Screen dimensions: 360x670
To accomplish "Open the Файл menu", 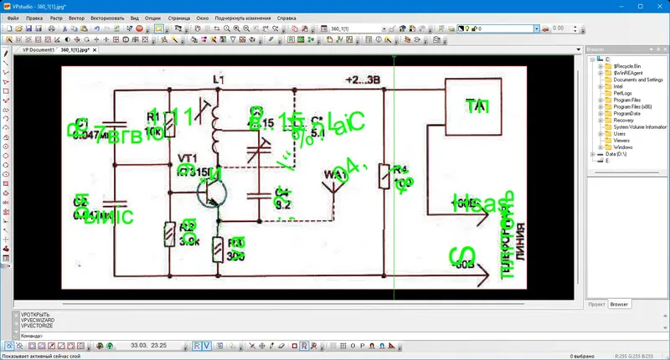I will pyautogui.click(x=13, y=17).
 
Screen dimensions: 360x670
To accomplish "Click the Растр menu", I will pyautogui.click(x=58, y=17).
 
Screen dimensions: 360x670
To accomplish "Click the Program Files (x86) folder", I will pyautogui.click(x=633, y=106).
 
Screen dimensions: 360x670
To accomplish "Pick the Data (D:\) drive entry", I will pyautogui.click(x=619, y=154).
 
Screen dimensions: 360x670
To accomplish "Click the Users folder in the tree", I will pyautogui.click(x=620, y=134).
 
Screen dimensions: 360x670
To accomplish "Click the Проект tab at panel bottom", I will pyautogui.click(x=595, y=304).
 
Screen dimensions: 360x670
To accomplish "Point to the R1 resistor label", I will pyautogui.click(x=152, y=116).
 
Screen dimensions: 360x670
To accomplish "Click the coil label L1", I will pyautogui.click(x=220, y=80).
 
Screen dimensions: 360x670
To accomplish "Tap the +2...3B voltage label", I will pyautogui.click(x=363, y=80).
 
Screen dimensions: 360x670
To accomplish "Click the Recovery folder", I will pyautogui.click(x=623, y=120).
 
